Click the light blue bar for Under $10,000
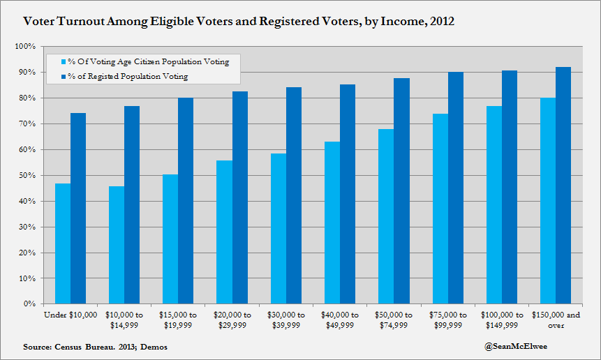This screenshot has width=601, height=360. pos(62,243)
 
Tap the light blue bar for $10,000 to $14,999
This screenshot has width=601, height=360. pos(116,245)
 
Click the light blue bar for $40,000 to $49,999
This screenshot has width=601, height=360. pos(332,223)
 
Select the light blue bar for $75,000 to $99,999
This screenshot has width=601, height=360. pos(440,209)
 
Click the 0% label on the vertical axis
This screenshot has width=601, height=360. pos(29,304)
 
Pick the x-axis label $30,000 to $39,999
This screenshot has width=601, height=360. pos(286,320)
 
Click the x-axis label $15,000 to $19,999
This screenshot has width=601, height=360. pos(178,320)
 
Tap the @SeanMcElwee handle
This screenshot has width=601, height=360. pos(515,346)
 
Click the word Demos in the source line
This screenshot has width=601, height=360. pos(154,347)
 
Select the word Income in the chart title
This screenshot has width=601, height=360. pos(400,22)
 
